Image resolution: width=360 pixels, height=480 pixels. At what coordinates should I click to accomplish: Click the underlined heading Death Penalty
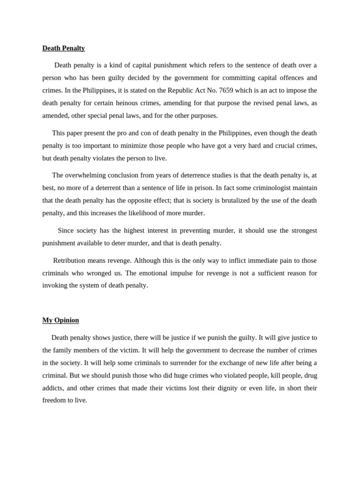click(x=63, y=48)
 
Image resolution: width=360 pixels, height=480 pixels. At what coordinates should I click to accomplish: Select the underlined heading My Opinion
click(x=60, y=320)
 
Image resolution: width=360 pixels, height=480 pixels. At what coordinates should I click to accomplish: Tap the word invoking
click(x=55, y=285)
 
